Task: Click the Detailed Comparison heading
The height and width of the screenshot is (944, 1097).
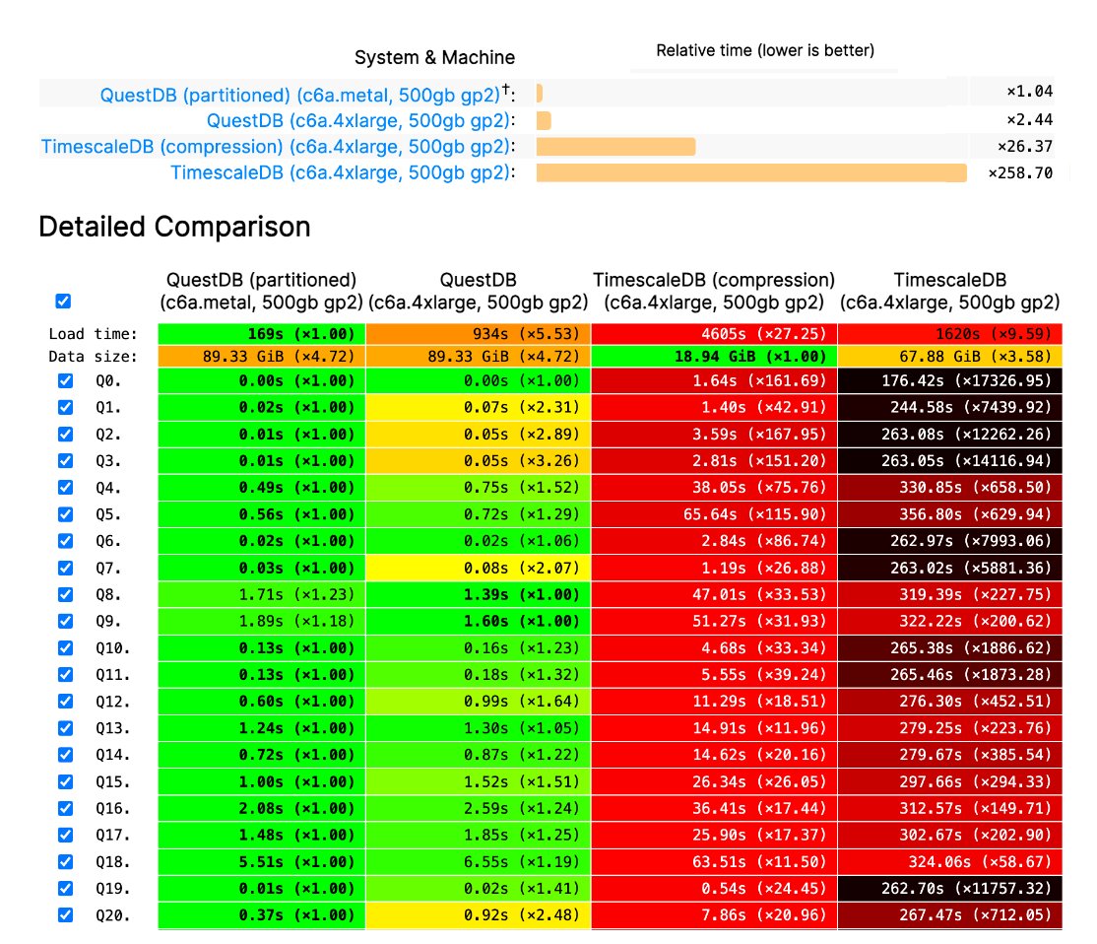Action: [174, 227]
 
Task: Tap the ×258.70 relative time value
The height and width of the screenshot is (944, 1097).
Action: [1020, 173]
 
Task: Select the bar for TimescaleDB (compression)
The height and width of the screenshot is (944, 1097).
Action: [615, 147]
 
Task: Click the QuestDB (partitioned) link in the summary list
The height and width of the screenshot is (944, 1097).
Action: [299, 96]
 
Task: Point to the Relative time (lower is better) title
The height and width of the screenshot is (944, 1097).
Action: [765, 50]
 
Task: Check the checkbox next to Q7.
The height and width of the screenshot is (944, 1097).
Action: [65, 568]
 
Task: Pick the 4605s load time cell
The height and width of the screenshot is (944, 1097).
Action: [714, 334]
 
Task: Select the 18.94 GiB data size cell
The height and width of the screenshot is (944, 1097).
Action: [714, 357]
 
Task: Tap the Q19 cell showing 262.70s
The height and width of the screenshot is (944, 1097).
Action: [950, 888]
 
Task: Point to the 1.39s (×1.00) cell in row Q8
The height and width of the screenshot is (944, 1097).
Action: [478, 594]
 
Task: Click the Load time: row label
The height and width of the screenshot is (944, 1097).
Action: [94, 334]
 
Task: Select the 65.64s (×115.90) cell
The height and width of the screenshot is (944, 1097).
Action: [714, 514]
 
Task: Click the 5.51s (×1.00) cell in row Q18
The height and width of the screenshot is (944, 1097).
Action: [261, 861]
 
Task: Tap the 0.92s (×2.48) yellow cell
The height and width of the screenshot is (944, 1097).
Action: [478, 914]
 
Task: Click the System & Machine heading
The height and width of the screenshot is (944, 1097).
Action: [434, 57]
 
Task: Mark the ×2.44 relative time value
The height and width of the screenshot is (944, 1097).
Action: [1029, 119]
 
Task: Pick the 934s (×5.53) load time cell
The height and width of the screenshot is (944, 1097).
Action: [478, 334]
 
